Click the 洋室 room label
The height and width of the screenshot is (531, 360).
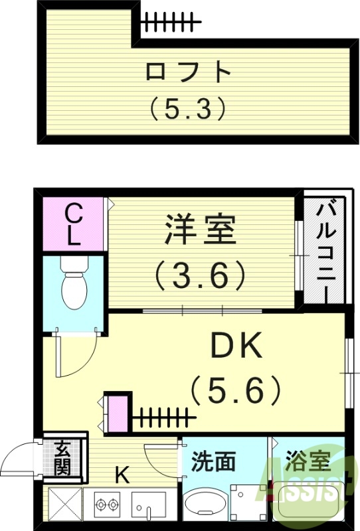199,230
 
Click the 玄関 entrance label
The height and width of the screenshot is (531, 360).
62,458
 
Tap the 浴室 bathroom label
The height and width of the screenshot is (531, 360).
308,460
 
